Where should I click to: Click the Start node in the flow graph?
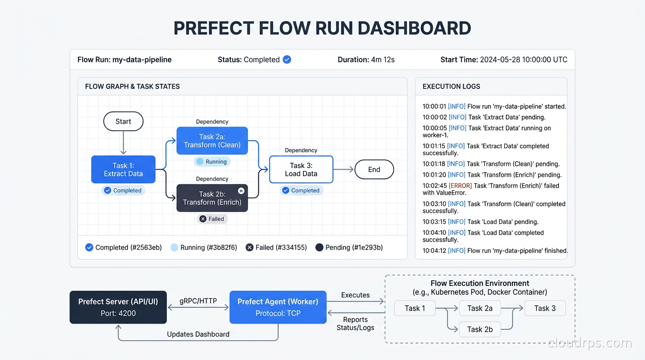tap(123, 121)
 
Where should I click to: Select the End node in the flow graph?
tap(374, 170)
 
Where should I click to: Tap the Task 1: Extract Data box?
tap(123, 169)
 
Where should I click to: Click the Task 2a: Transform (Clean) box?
tap(212, 141)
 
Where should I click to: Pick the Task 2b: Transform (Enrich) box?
tap(212, 198)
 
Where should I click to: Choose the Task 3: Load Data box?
tap(301, 169)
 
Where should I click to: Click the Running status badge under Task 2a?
tap(212, 162)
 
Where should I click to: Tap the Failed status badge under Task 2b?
tap(212, 219)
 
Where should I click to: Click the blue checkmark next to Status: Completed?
tap(287, 60)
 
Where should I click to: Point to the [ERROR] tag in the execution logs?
tap(460, 186)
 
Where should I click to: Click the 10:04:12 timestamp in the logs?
tap(434, 251)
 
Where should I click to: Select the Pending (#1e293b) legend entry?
tap(349, 247)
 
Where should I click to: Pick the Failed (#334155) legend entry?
tap(277, 247)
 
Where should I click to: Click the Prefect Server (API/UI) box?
tap(118, 307)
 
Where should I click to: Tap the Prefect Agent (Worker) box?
tap(277, 307)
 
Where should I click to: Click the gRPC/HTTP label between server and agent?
tap(198, 301)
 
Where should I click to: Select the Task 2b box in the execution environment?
tap(480, 329)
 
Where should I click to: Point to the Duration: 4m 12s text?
tap(366, 60)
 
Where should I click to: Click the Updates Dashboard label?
tap(198, 334)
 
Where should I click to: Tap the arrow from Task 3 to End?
tap(344, 170)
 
